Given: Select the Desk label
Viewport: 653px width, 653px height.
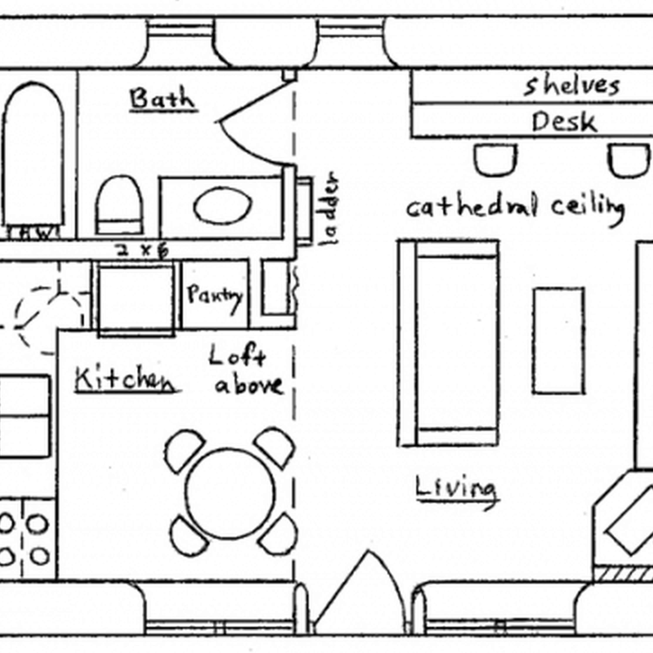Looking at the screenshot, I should coord(564,122).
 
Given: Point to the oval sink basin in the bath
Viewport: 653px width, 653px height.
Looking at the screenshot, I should coord(223,206).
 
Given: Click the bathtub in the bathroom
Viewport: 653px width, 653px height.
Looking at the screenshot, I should coord(33,155).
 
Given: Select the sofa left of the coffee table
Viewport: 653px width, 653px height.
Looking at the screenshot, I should coord(448,343).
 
